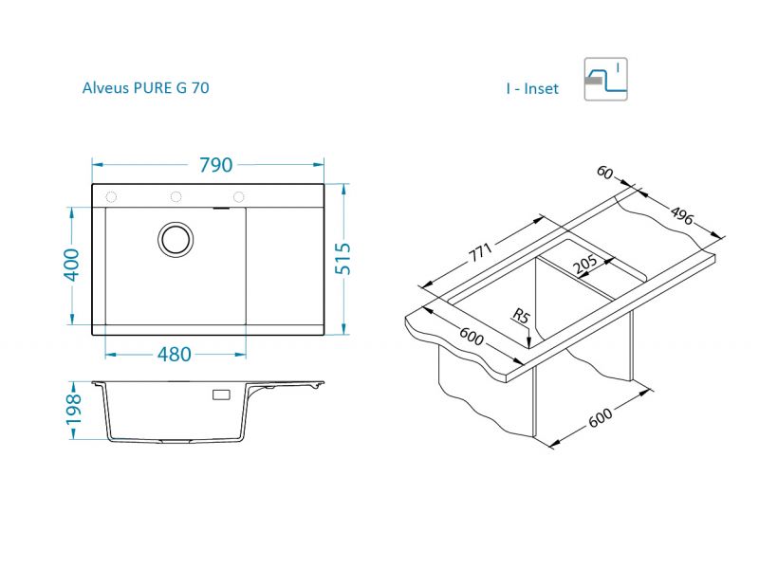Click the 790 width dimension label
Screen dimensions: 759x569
click(216, 165)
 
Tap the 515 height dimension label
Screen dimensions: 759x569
click(343, 258)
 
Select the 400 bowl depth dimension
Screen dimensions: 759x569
click(72, 265)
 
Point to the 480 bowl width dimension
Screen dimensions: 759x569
click(175, 355)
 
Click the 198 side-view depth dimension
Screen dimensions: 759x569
click(74, 410)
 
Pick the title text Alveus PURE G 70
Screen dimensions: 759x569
click(146, 88)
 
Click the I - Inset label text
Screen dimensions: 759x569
click(532, 88)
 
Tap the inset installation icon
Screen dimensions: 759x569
click(605, 80)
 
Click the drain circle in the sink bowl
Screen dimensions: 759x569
click(176, 239)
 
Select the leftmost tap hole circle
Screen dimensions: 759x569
click(111, 197)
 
